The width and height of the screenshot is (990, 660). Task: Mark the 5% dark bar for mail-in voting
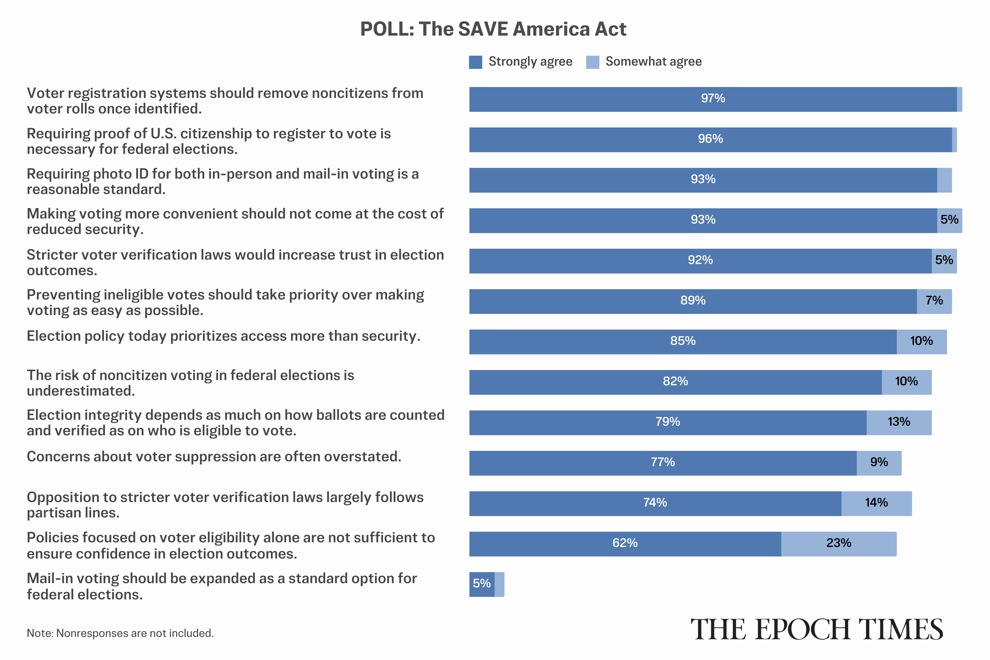(482, 584)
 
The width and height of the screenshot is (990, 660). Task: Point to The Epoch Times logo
(817, 630)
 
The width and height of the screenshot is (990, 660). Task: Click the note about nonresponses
(120, 633)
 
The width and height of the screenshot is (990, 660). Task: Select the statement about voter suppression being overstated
(214, 457)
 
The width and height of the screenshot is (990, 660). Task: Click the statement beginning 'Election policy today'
(223, 336)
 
